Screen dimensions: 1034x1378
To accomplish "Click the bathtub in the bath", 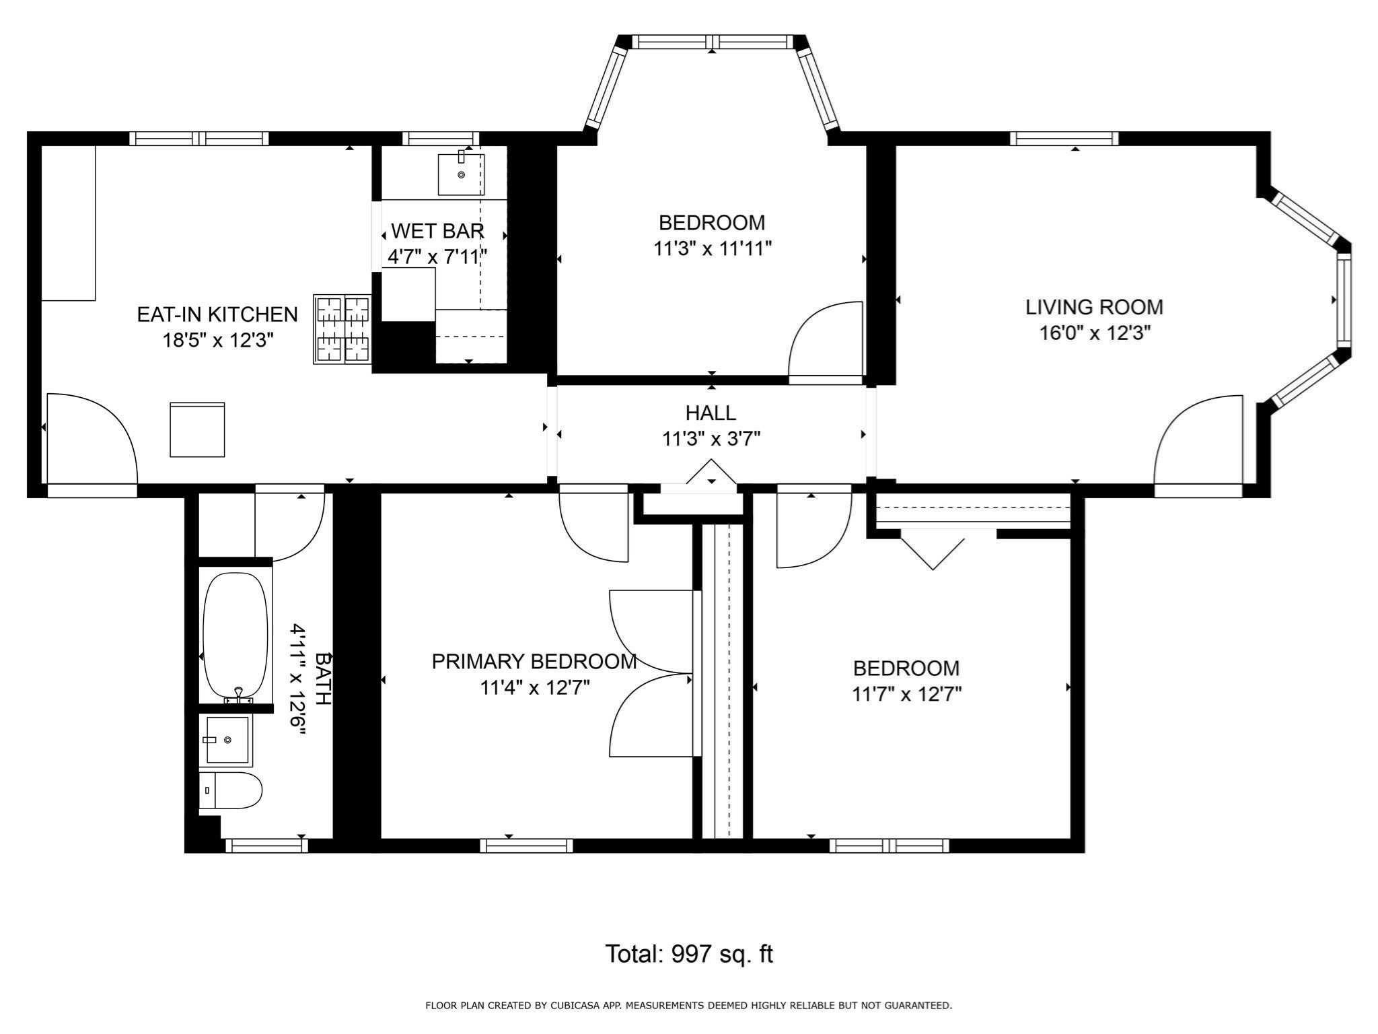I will click(x=235, y=635).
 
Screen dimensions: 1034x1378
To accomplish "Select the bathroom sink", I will click(x=227, y=740).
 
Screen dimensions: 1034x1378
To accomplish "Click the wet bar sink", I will click(x=461, y=174).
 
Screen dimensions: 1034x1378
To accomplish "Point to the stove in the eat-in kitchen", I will click(x=342, y=329).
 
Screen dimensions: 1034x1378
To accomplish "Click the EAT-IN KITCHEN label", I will click(x=217, y=314).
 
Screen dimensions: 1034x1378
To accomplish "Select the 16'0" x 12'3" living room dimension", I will click(x=1093, y=333).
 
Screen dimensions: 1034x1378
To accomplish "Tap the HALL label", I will click(x=711, y=413).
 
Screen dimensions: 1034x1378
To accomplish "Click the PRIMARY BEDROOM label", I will click(x=534, y=662).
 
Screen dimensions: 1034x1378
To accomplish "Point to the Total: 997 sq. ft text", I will click(x=688, y=954).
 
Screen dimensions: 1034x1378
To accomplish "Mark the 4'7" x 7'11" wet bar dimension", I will click(x=437, y=256).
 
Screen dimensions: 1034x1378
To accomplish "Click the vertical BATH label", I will click(x=323, y=678).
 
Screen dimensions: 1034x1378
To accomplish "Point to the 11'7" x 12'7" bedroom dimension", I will click(x=906, y=694).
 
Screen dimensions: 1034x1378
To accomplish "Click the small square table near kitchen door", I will click(x=197, y=429).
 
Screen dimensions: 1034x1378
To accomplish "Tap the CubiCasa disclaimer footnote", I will click(x=688, y=1006).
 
